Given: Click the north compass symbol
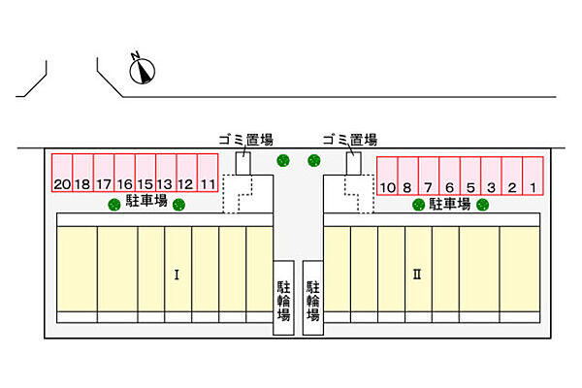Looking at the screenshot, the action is click(142, 71).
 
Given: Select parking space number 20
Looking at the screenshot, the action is click(62, 173).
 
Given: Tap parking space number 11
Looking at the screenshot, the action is click(208, 173).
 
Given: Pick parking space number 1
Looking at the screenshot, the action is click(533, 176).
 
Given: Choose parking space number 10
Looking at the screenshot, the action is click(387, 176).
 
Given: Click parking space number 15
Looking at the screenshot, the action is click(145, 173).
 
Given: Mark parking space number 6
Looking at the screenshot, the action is click(449, 176).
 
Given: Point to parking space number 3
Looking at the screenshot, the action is click(491, 176).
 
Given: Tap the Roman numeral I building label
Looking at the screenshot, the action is click(177, 275).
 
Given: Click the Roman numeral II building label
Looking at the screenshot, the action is click(417, 275).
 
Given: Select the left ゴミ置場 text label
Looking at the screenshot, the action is click(245, 140).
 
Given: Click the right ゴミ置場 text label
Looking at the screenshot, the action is click(350, 140).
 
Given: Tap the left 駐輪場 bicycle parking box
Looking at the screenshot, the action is click(283, 298).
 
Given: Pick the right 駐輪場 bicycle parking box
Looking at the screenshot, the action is click(313, 298).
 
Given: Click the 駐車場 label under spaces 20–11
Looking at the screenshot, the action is click(146, 201).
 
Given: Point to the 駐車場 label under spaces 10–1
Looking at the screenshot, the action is click(450, 204).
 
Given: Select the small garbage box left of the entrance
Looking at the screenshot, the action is click(243, 163).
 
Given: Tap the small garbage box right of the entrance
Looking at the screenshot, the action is click(353, 163).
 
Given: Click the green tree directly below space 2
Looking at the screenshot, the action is click(482, 205).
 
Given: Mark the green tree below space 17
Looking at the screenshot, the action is click(114, 205).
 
